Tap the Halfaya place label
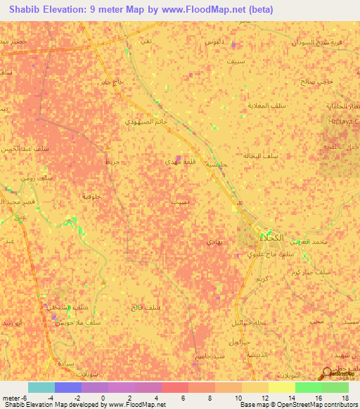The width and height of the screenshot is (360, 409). (343, 122)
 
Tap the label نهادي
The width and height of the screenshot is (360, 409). (214, 241)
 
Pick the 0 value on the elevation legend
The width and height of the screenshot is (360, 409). (103, 398)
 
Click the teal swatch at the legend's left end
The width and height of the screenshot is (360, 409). (41, 387)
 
